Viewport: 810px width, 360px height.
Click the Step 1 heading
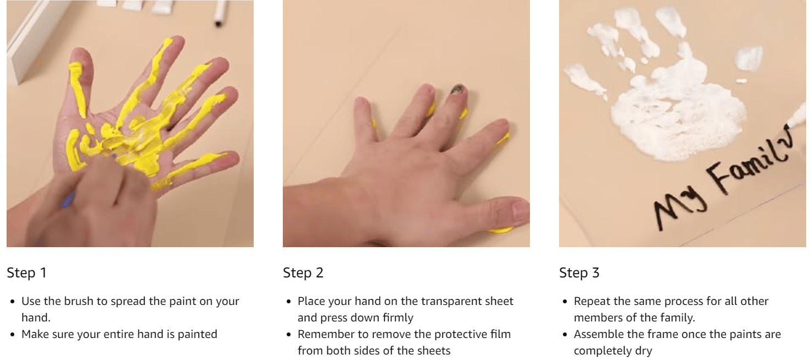tap(27, 273)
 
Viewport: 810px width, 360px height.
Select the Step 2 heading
tap(303, 273)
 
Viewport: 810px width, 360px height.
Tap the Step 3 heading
tap(579, 273)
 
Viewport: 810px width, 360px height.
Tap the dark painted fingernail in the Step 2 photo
tap(458, 90)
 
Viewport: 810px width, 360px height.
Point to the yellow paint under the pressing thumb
tap(501, 231)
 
